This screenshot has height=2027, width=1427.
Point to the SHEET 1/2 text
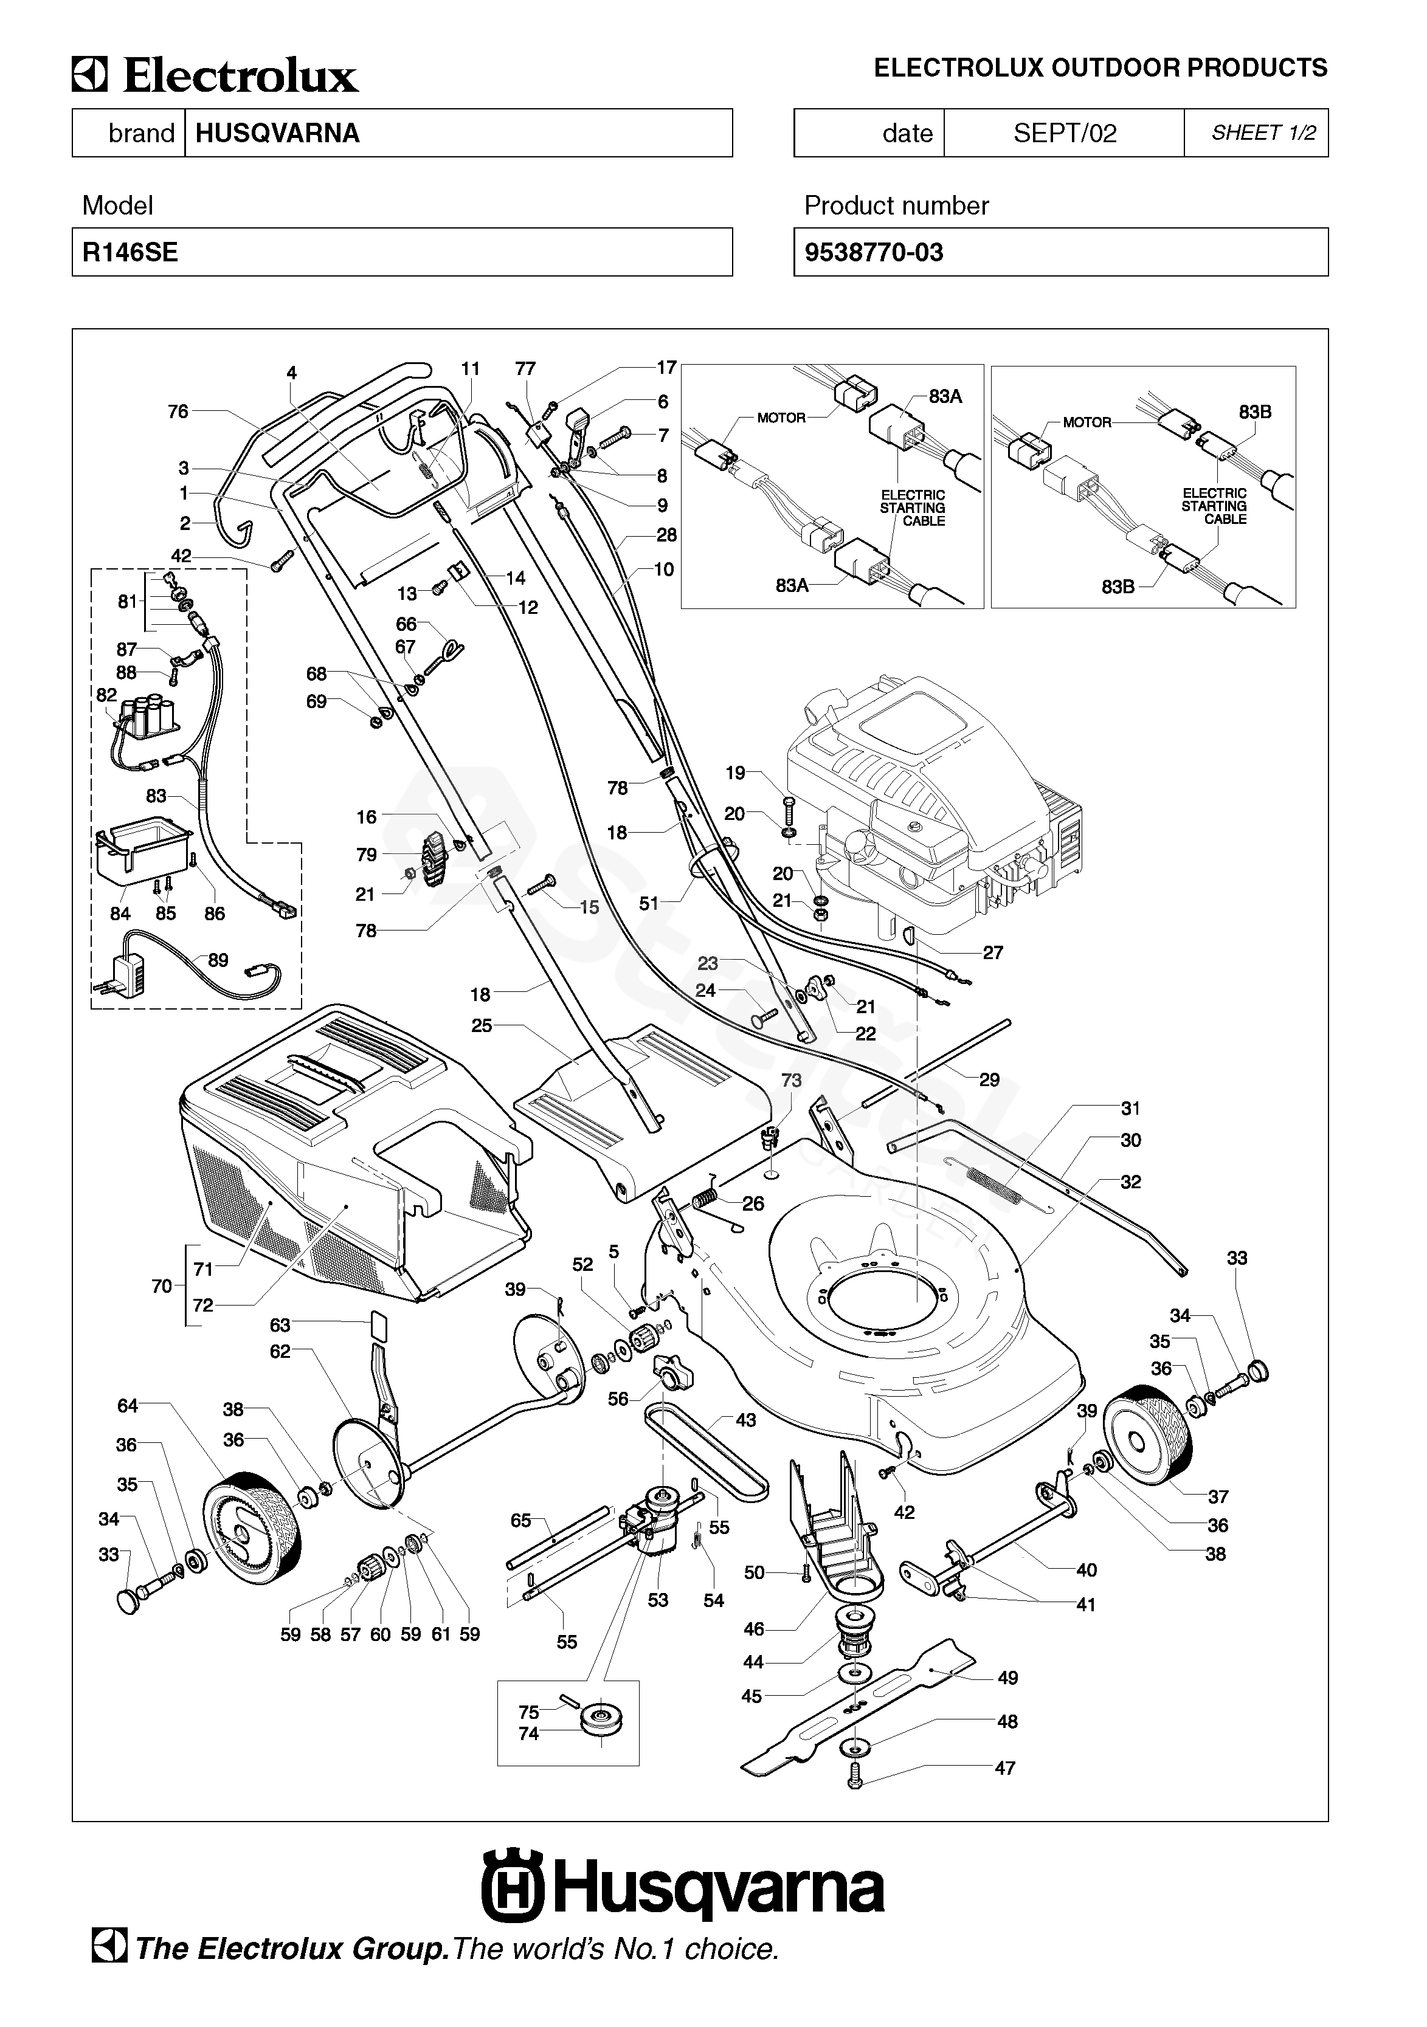tap(1263, 132)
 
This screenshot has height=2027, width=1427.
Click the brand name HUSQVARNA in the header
tap(277, 133)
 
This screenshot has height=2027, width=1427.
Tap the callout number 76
tap(178, 411)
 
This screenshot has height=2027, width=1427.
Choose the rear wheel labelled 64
tap(252, 1528)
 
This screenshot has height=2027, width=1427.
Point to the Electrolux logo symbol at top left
tap(89, 75)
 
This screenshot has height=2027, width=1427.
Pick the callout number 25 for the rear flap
tap(482, 1026)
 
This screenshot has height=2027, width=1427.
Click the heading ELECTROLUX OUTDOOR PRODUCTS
tap(1100, 68)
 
